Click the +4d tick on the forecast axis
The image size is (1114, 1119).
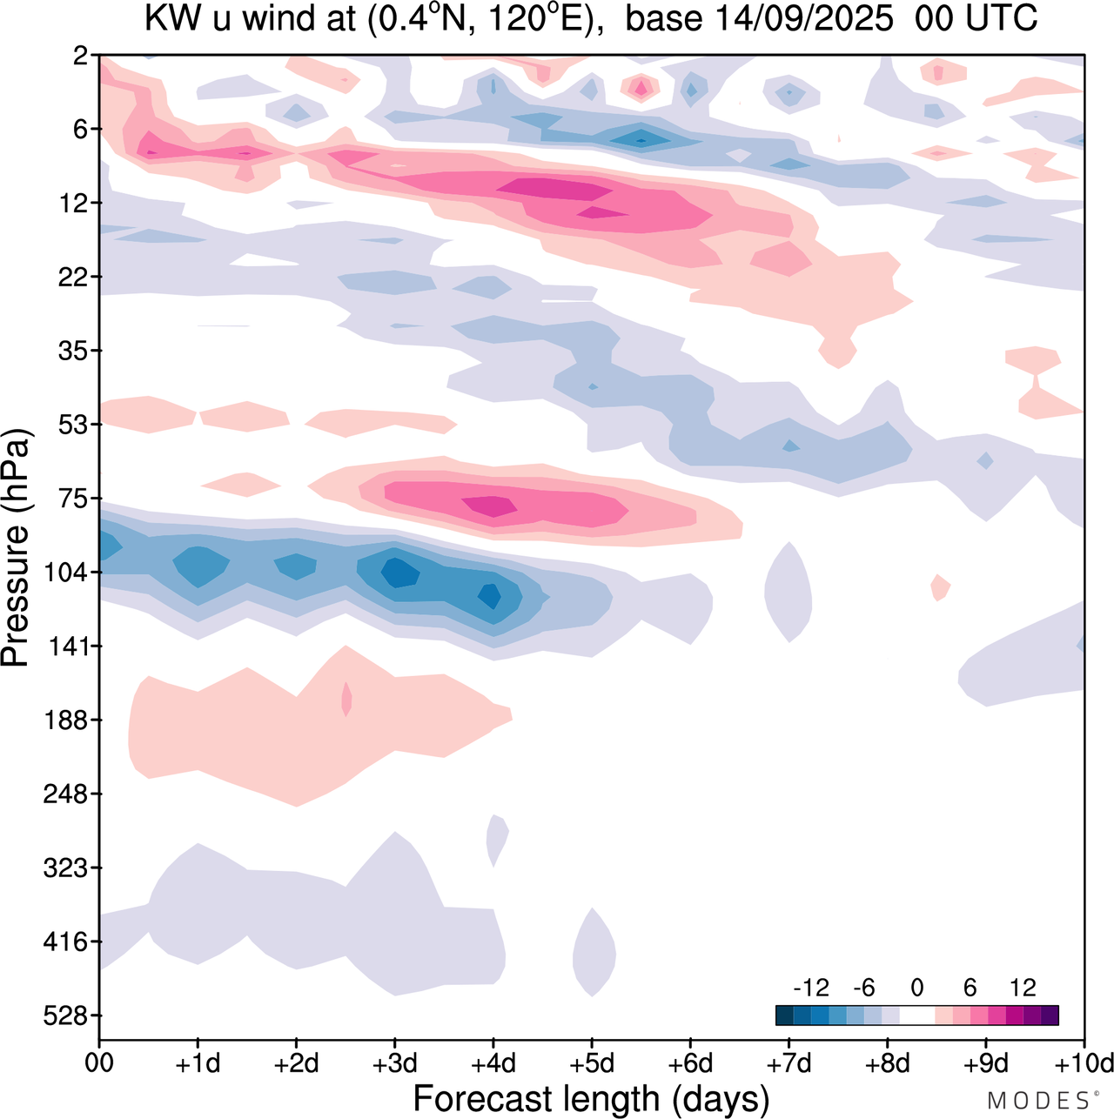[x=493, y=1063]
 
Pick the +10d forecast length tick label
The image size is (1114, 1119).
[x=1084, y=1063]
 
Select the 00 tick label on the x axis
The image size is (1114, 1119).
[x=99, y=1063]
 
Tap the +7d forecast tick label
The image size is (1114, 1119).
[x=789, y=1063]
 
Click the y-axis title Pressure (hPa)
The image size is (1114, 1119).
[x=16, y=548]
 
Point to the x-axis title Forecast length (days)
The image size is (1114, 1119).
[x=591, y=1099]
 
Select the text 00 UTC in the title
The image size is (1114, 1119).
[x=976, y=19]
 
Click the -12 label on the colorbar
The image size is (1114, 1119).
[x=811, y=988]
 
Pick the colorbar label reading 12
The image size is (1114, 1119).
[x=1023, y=988]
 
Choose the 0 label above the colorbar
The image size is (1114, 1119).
[x=916, y=988]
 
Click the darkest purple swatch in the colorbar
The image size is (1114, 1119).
[x=1050, y=1015]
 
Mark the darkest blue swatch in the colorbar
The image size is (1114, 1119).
[x=784, y=1015]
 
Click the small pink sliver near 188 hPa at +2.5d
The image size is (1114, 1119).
[x=346, y=699]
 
